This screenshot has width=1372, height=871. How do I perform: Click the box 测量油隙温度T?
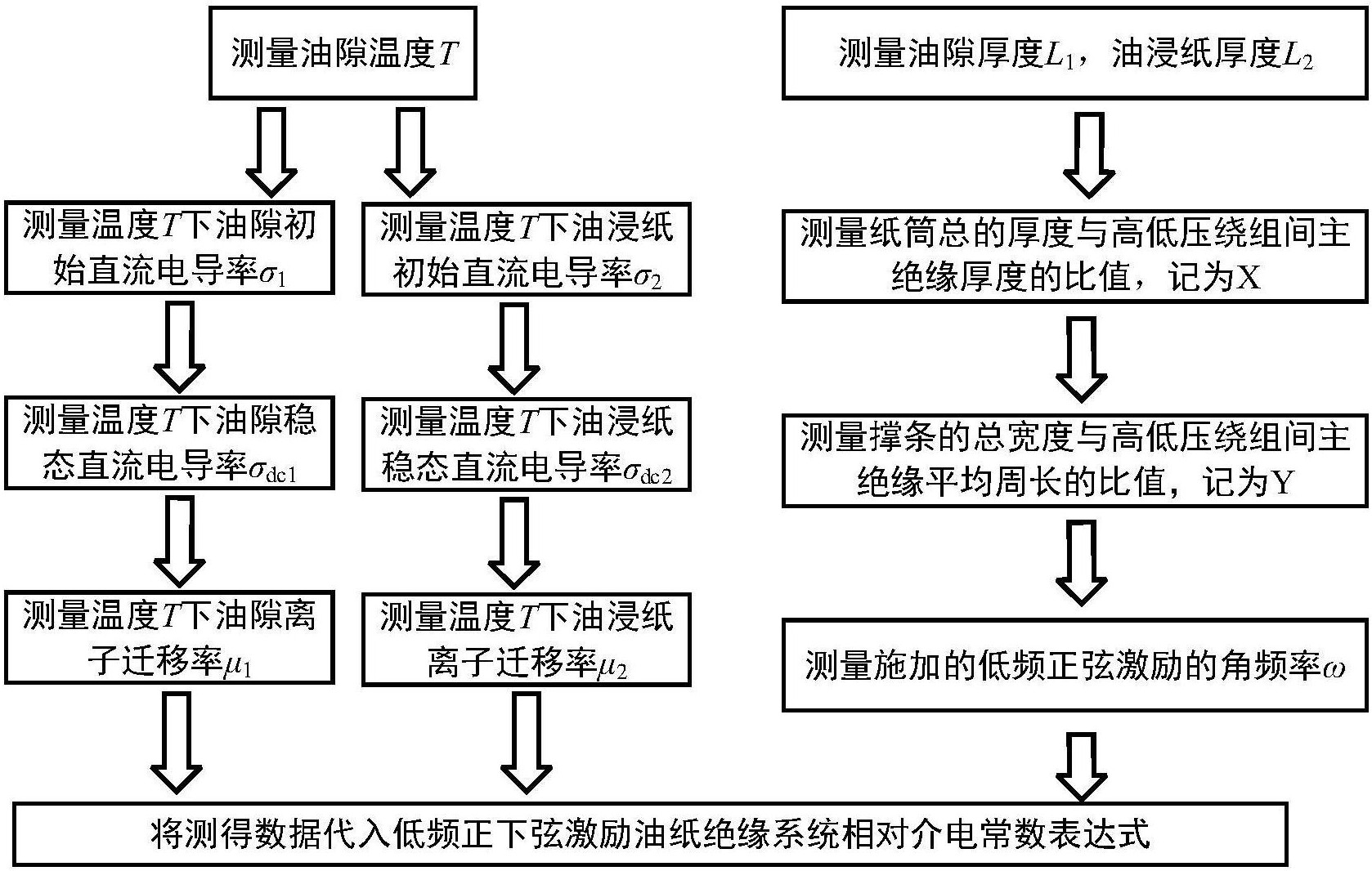[x=343, y=53]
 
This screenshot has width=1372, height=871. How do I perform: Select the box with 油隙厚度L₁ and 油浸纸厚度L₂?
[x=1075, y=53]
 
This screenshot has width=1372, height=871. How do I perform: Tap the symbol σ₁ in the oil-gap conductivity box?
[x=273, y=274]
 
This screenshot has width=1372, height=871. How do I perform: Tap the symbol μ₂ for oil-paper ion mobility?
[x=612, y=666]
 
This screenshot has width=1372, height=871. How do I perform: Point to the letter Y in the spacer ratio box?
[x=1284, y=483]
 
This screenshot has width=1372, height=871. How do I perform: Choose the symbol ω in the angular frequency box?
[x=1333, y=668]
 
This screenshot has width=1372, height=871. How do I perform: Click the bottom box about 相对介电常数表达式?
[x=651, y=834]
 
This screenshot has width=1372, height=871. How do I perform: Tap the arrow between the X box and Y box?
[x=1081, y=360]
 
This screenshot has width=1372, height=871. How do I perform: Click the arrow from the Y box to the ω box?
[x=1081, y=564]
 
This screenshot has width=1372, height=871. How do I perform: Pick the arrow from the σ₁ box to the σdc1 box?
[x=179, y=346]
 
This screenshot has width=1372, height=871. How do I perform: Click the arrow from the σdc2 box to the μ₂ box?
[x=513, y=543]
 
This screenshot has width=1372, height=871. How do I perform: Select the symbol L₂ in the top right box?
[x=1298, y=56]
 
